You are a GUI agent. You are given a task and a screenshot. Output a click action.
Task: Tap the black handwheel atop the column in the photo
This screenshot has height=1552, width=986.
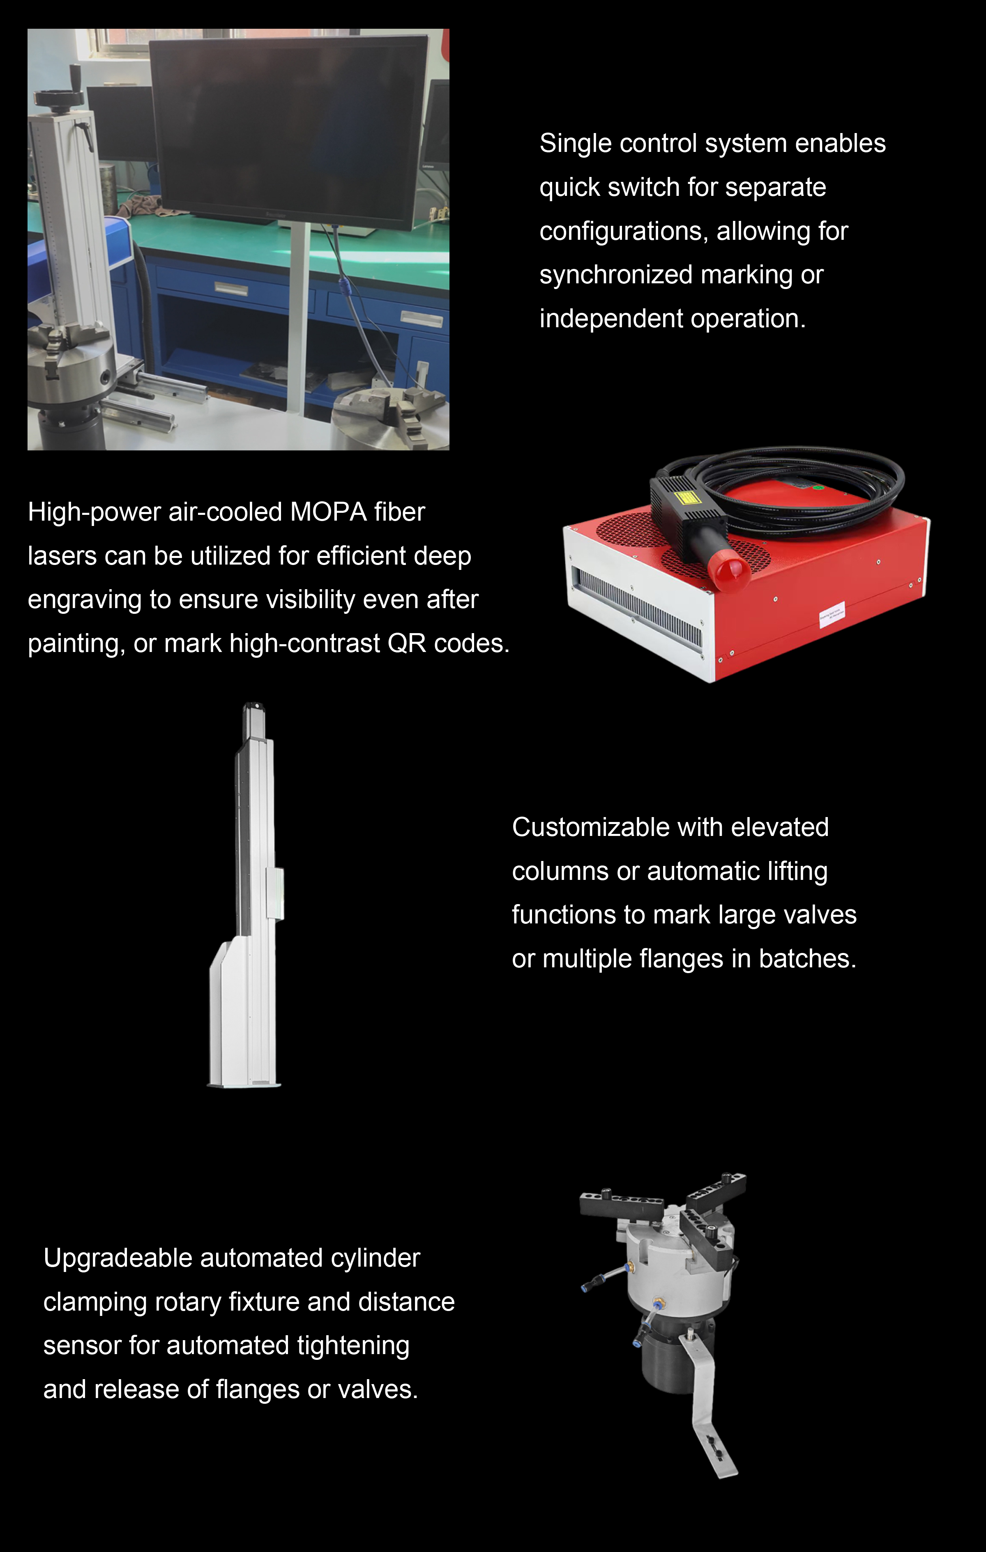(59, 96)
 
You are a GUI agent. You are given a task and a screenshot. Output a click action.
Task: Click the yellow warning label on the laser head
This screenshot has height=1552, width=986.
(685, 497)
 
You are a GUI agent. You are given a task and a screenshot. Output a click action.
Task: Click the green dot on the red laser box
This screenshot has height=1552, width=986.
(818, 487)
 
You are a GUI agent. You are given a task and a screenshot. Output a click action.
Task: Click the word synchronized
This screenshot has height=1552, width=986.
(616, 275)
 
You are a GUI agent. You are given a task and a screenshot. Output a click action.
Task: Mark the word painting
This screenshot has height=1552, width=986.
(77, 644)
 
